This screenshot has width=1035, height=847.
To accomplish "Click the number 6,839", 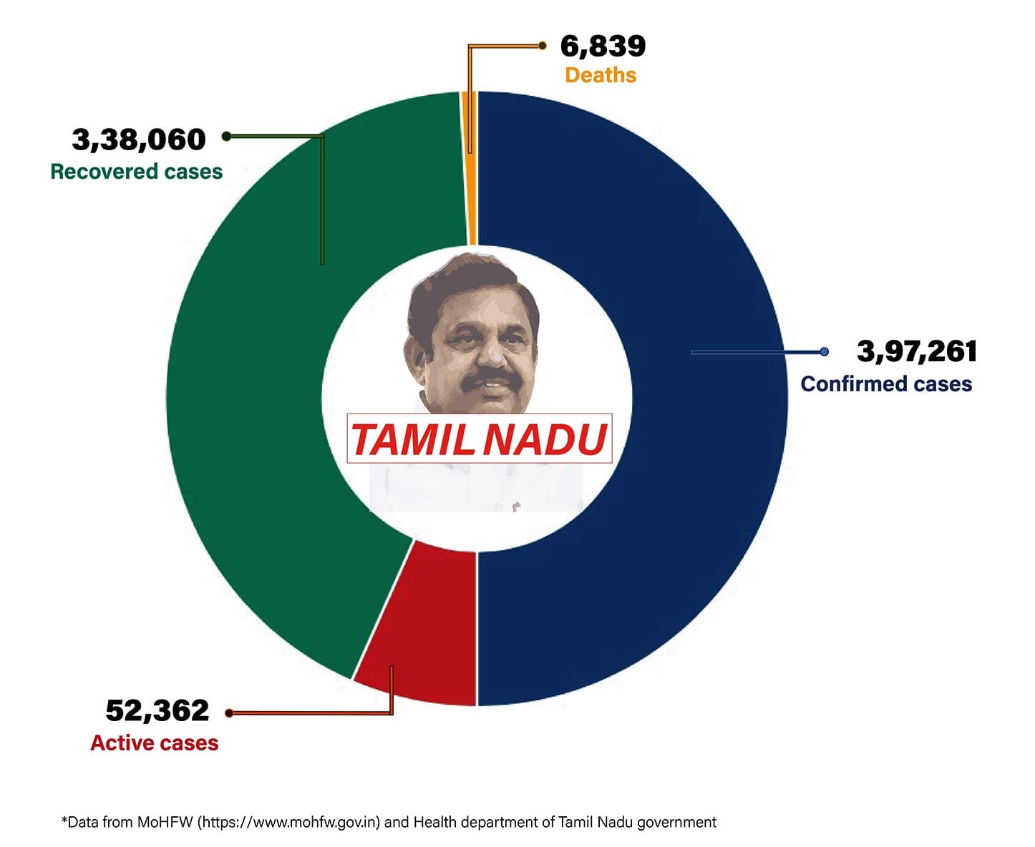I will click(x=603, y=46).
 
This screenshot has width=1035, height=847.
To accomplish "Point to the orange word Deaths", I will click(x=601, y=75).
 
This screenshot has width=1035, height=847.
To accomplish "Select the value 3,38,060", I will click(x=139, y=139).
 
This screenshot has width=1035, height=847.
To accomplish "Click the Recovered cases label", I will click(x=136, y=172).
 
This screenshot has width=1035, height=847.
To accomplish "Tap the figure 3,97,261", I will click(x=917, y=351).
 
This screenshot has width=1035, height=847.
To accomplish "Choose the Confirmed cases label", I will click(x=886, y=384).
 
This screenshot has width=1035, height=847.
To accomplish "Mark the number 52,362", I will click(x=157, y=710).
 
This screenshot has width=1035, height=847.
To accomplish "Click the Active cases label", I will click(x=155, y=743).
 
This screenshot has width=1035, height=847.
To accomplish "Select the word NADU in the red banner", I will click(x=544, y=439).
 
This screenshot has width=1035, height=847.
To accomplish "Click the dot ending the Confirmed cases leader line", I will click(x=824, y=352).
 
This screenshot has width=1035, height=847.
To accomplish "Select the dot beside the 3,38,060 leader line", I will click(x=226, y=136).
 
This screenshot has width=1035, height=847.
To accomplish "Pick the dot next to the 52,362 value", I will click(x=229, y=713).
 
